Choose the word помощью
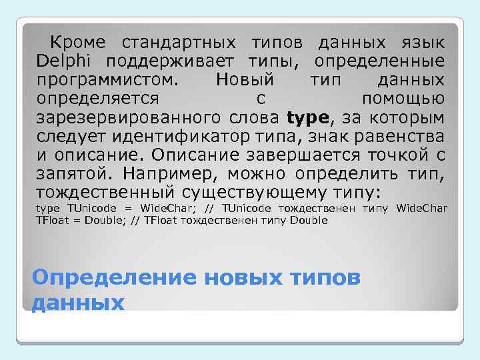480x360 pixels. (x=403, y=99)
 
